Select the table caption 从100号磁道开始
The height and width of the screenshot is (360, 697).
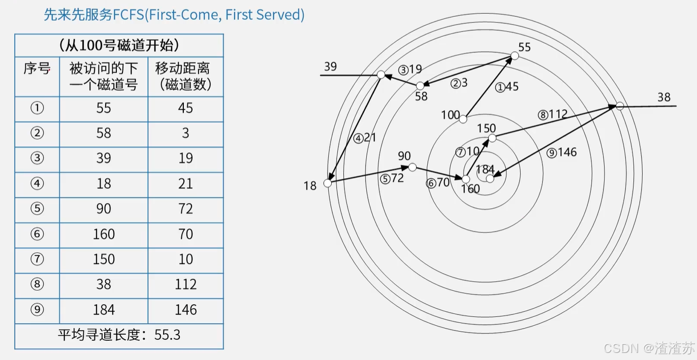click(119, 46)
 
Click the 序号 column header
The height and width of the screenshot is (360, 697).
click(37, 69)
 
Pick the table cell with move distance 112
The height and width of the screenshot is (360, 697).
click(185, 284)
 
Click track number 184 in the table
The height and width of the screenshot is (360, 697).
click(104, 310)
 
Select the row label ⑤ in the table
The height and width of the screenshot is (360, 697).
click(37, 209)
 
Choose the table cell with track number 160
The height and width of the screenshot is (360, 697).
click(104, 234)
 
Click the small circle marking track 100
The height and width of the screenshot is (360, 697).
click(463, 119)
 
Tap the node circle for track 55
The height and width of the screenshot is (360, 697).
click(514, 56)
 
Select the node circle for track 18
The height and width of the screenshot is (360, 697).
click(328, 183)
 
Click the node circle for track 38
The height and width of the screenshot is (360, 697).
click(620, 106)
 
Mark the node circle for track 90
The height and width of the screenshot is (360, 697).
click(413, 167)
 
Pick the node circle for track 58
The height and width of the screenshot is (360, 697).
click(420, 86)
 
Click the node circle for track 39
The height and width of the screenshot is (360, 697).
click(381, 75)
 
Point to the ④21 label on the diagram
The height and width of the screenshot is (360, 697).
click(365, 137)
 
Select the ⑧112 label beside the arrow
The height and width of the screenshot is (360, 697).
click(553, 114)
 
